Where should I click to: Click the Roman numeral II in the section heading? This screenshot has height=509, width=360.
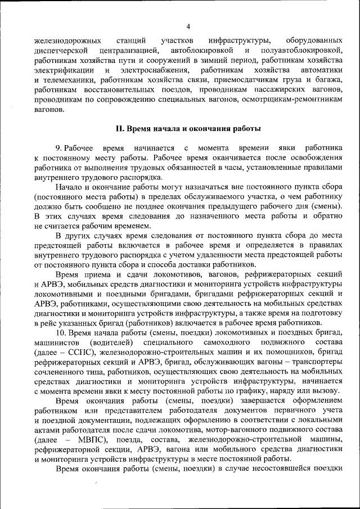(119, 128)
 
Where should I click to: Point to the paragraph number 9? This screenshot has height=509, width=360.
(58, 147)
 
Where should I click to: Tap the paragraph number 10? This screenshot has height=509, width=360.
(60, 333)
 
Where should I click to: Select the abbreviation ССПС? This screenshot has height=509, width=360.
(71, 352)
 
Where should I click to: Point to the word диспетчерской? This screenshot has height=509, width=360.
(61, 51)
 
